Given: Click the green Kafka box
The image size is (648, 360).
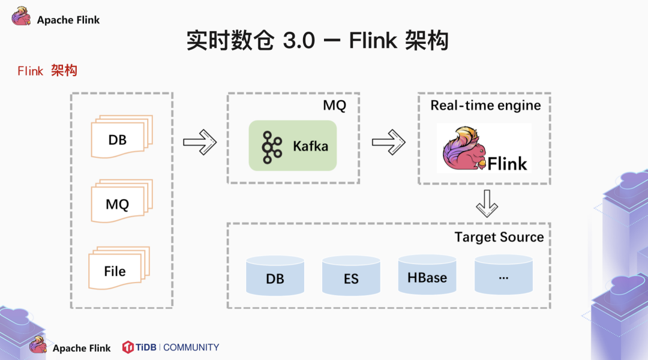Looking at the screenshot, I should coord(293,146).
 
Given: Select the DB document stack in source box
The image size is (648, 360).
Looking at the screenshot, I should coord(121,139).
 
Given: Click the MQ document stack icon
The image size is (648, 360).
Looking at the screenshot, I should coord(121,203).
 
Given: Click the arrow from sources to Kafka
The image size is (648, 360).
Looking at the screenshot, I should coord(200,142).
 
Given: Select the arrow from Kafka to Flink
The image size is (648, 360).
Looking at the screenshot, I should coord(388,142).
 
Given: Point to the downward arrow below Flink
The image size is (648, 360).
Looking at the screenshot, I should coord(487,203).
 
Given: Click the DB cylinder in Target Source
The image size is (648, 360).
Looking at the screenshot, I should coord(275,275).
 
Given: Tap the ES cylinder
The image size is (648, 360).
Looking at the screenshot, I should coord(351,275).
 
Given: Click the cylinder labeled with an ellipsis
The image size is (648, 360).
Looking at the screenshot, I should coord(503,275).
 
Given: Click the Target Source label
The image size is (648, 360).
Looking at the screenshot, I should coord(499,237).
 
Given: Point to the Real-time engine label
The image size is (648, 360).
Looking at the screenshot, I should coord(485,106).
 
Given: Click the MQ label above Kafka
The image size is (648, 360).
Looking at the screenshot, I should coord(334,106).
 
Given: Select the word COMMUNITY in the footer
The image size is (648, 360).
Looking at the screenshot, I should coord(191,347).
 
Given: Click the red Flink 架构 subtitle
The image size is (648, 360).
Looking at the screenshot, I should coord(47,71).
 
